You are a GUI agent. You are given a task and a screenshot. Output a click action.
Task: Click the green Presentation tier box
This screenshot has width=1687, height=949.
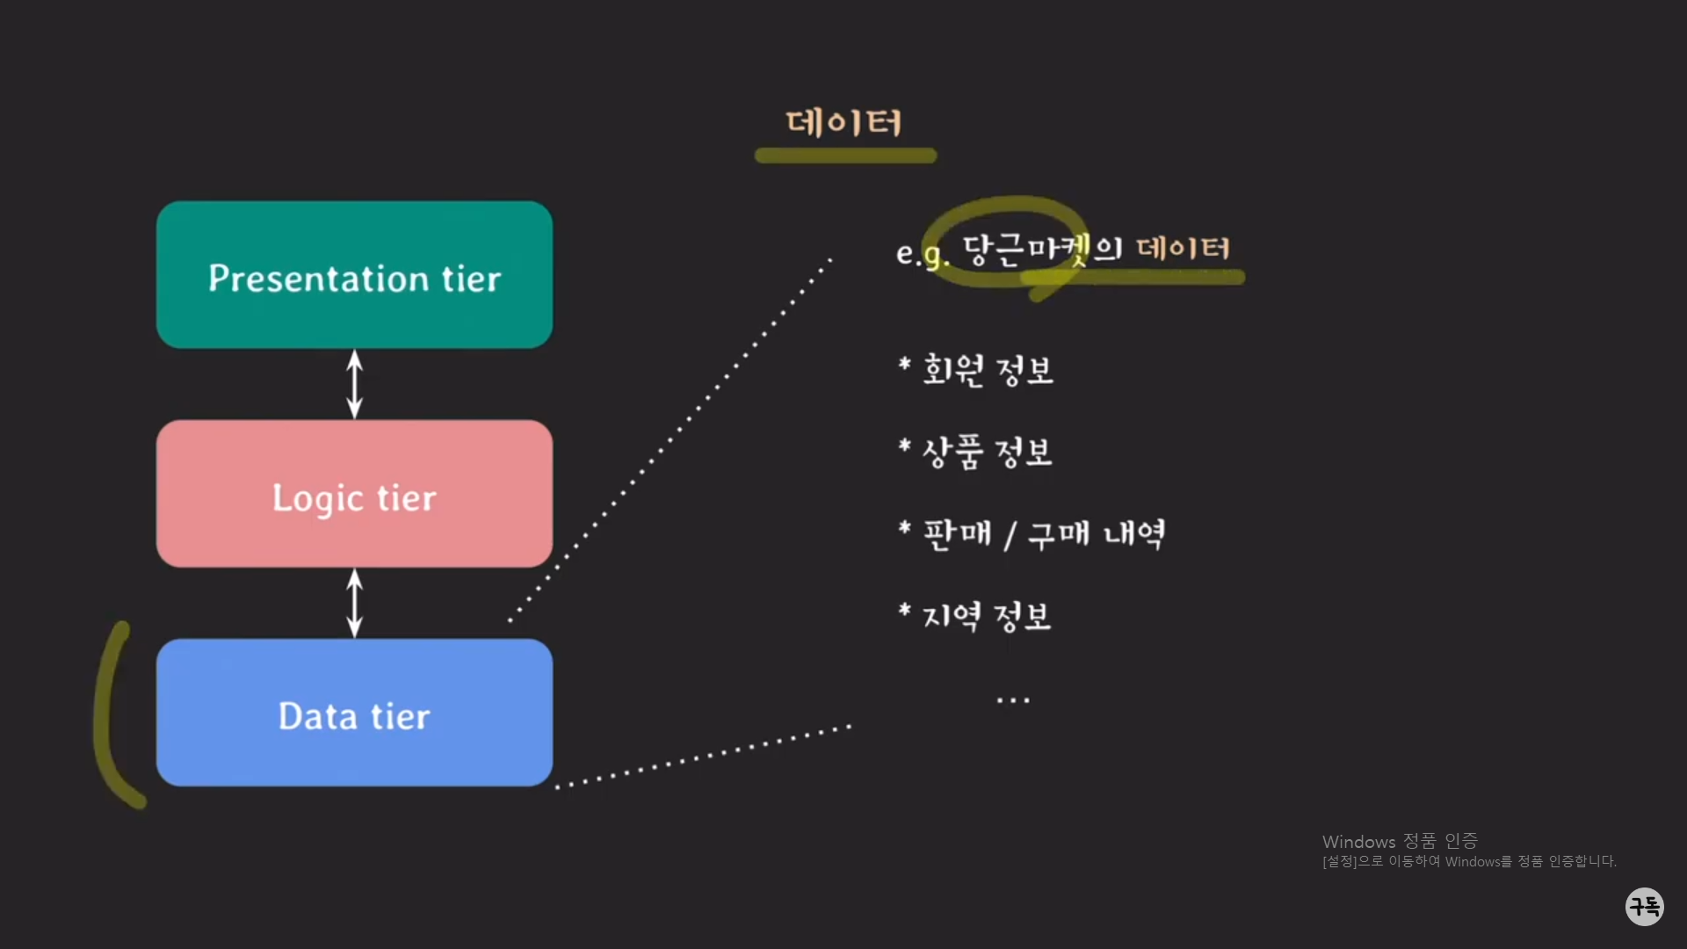(354, 275)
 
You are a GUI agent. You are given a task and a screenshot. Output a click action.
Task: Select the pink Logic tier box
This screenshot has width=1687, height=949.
(354, 494)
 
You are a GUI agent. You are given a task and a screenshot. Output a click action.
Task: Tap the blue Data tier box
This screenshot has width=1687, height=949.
(354, 713)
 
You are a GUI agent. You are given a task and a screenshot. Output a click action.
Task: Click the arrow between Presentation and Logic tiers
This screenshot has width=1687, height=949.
(354, 384)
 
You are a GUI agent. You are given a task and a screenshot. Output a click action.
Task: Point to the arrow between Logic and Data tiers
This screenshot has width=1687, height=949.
(354, 603)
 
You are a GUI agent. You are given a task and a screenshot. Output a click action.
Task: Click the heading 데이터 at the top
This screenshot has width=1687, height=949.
(843, 122)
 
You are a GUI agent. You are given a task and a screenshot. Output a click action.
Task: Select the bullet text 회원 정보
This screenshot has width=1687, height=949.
(988, 370)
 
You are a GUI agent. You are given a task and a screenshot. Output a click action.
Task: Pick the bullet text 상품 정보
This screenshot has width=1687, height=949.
(987, 452)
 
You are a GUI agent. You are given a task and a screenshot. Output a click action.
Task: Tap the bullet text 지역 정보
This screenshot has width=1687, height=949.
(986, 616)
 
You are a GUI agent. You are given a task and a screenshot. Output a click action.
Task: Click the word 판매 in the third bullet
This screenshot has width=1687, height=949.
(958, 533)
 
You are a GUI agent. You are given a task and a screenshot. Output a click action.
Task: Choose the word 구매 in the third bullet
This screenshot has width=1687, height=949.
(1059, 533)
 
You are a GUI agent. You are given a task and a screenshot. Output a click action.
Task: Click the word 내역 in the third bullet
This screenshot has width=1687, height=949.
(1134, 533)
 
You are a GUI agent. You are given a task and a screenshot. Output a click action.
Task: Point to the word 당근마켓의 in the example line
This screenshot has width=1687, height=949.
(1042, 250)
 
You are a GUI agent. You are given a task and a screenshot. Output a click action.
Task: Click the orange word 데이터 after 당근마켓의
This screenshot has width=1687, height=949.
(1183, 248)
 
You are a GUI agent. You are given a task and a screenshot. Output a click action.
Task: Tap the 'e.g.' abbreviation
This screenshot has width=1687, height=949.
(922, 254)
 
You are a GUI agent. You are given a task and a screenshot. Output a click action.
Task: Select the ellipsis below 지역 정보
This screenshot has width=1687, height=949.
(1013, 700)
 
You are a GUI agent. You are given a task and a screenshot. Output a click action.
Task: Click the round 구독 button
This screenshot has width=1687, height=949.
(1644, 906)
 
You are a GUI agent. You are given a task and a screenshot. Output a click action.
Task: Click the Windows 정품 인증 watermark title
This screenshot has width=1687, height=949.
(1400, 842)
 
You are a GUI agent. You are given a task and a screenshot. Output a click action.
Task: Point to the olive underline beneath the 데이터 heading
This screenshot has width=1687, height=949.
(845, 156)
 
